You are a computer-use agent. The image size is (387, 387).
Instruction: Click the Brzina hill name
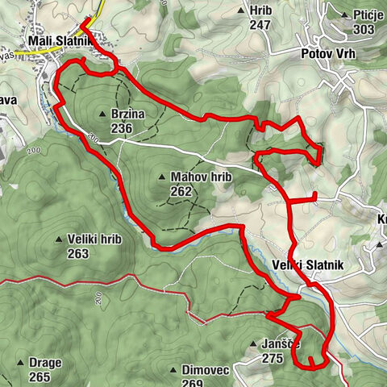127,114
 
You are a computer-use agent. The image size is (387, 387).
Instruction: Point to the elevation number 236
122,127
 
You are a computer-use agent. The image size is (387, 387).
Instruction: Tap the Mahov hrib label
190,177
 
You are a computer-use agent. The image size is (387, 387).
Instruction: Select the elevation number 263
77,254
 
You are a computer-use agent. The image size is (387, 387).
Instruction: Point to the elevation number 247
259,25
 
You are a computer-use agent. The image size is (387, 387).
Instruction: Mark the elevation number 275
273,357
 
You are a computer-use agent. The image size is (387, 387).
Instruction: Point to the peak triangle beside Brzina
102,114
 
